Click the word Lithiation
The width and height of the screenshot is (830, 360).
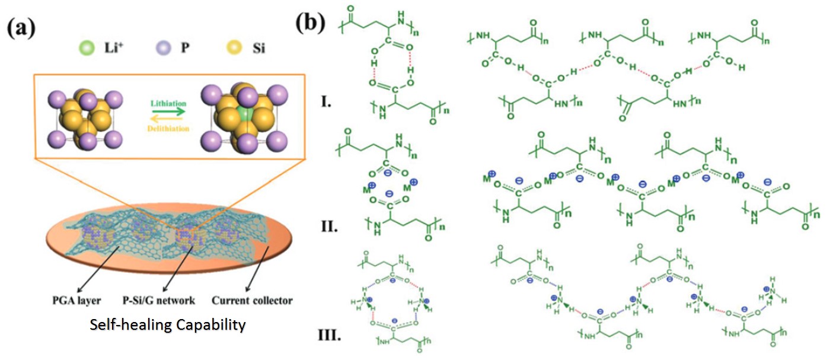[162, 103]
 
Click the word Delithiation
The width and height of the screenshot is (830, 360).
[162, 128]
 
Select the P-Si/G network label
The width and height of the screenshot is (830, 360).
[153, 300]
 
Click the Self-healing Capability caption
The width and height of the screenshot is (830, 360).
[168, 325]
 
